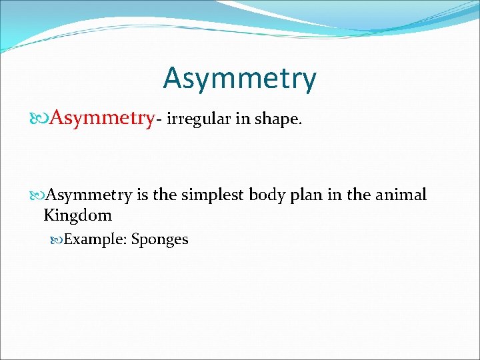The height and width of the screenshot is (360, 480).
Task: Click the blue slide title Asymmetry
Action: (x=239, y=79)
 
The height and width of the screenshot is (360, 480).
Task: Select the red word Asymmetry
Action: (x=101, y=119)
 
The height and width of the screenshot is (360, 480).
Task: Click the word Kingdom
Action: (x=77, y=216)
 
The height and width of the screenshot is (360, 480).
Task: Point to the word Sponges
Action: (x=160, y=240)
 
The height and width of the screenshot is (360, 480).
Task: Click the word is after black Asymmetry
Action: (x=142, y=195)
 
